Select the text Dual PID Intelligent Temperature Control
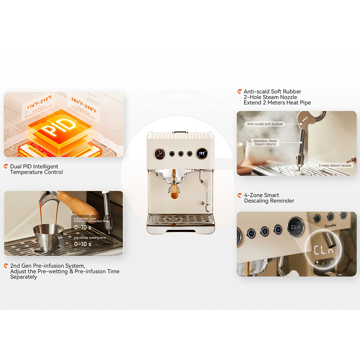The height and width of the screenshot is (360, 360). pyautogui.click(x=36, y=169)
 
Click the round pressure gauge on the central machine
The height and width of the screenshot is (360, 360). pyautogui.click(x=160, y=154)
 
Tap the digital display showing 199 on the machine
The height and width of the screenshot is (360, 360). pyautogui.click(x=201, y=154)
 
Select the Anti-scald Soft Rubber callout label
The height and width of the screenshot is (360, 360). pyautogui.click(x=265, y=124)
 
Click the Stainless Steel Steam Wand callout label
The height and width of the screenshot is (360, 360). pyautogui.click(x=265, y=143)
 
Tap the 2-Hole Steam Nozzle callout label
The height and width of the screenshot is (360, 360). pyautogui.click(x=335, y=166)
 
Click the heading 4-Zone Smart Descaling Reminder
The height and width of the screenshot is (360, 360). pyautogui.click(x=269, y=198)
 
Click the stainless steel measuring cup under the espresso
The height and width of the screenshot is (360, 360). pyautogui.click(x=48, y=238)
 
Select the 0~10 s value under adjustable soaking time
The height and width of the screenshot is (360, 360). pyautogui.click(x=82, y=244)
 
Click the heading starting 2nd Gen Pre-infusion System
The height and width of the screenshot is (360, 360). pyautogui.click(x=65, y=271)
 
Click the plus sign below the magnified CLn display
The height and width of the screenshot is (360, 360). pyautogui.click(x=317, y=262)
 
